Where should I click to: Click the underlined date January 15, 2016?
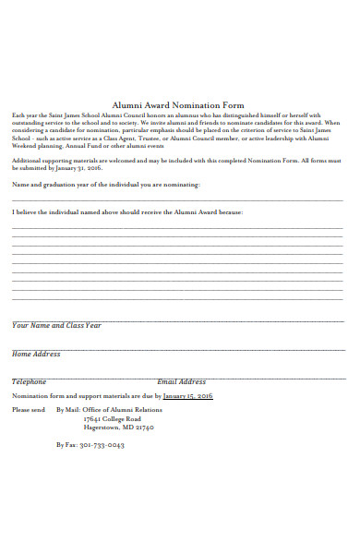pos(188,395)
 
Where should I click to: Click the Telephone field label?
pos(29,381)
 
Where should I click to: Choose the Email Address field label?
pos(181,381)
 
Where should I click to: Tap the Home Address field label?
pos(36,354)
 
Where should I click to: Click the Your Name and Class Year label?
pos(56,325)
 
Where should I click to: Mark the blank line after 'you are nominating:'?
pos(177,199)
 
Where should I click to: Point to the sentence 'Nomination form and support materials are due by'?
pos(87,395)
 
